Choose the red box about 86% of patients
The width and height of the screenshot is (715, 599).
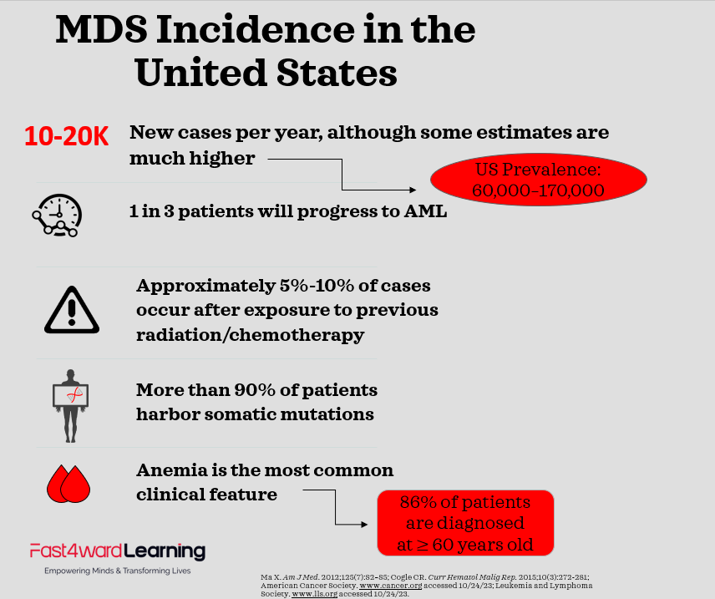click(x=465, y=524)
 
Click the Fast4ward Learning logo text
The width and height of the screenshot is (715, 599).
click(x=117, y=551)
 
